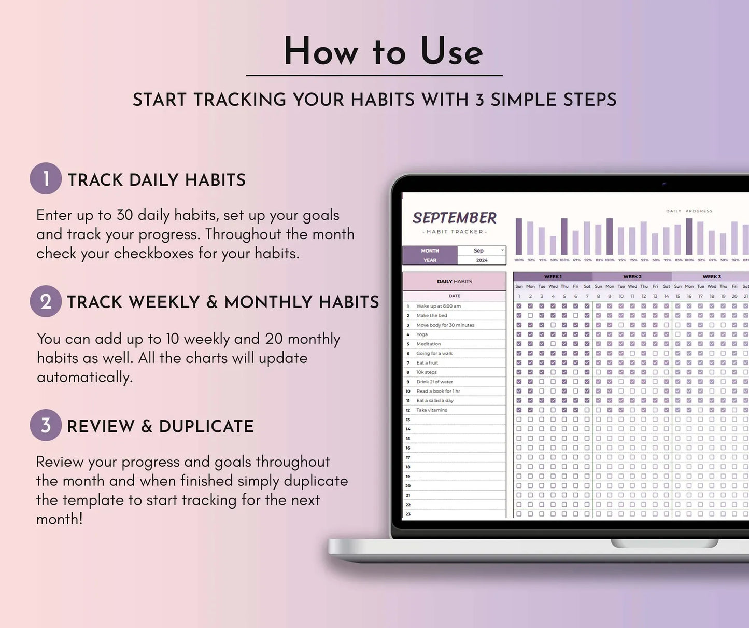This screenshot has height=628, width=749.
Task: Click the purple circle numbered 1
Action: point(46,179)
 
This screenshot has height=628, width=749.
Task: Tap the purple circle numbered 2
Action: point(46,301)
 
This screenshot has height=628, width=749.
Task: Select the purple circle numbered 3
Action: point(46,426)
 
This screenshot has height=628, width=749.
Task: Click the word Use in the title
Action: point(451,52)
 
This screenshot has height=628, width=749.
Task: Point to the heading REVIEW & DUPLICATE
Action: point(160,426)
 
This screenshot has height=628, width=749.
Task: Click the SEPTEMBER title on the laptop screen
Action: point(454,218)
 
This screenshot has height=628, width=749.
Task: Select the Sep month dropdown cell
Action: point(481,250)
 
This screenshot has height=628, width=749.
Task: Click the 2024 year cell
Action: point(482,260)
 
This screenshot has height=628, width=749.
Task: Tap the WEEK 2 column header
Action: point(632,277)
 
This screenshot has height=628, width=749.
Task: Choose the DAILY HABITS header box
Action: point(454,282)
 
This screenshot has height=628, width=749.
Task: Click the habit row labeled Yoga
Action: point(422,334)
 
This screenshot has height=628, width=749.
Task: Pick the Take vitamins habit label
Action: point(431,410)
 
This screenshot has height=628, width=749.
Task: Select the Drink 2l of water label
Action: point(434,382)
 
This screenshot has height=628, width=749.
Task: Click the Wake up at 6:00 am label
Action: point(438,306)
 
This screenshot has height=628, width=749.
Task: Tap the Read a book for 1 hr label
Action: point(438,391)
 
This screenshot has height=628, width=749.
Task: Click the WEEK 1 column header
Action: point(553,277)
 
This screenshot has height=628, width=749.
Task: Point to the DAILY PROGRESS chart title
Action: point(689,211)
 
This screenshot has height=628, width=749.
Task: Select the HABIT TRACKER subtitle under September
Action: point(454,232)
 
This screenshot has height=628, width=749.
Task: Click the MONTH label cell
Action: point(430,250)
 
